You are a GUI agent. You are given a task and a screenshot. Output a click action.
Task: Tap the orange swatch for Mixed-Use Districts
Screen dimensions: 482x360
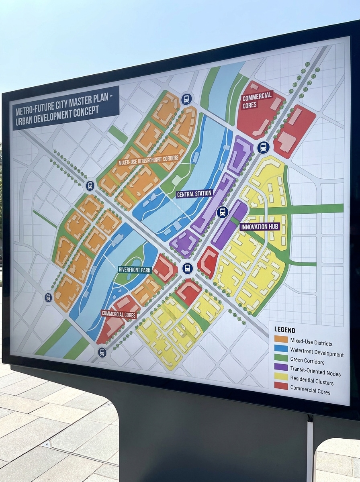coord(281,339)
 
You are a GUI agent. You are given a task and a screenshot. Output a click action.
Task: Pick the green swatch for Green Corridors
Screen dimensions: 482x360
coord(281,358)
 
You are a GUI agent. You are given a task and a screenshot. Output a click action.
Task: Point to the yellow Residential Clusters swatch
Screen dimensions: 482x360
coord(281,376)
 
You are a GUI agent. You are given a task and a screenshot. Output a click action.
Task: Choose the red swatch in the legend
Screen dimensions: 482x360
coord(281,386)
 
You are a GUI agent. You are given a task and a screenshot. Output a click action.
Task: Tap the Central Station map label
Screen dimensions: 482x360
coord(194,194)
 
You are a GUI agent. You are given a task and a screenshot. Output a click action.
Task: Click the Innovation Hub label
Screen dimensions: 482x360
coord(260,227)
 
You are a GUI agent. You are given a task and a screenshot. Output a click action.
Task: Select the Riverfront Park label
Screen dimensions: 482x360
coord(134,270)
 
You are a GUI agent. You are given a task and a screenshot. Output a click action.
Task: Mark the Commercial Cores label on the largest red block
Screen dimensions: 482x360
coord(257,100)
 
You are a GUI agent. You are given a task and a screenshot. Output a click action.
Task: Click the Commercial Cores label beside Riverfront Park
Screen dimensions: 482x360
coord(119,315)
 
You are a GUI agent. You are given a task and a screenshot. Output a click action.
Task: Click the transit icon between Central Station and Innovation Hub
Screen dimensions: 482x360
coord(222,212)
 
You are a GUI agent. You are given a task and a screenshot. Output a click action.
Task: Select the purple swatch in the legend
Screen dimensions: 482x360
coord(281,367)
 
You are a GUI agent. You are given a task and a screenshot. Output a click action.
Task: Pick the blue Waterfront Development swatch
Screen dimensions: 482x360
coord(281,348)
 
